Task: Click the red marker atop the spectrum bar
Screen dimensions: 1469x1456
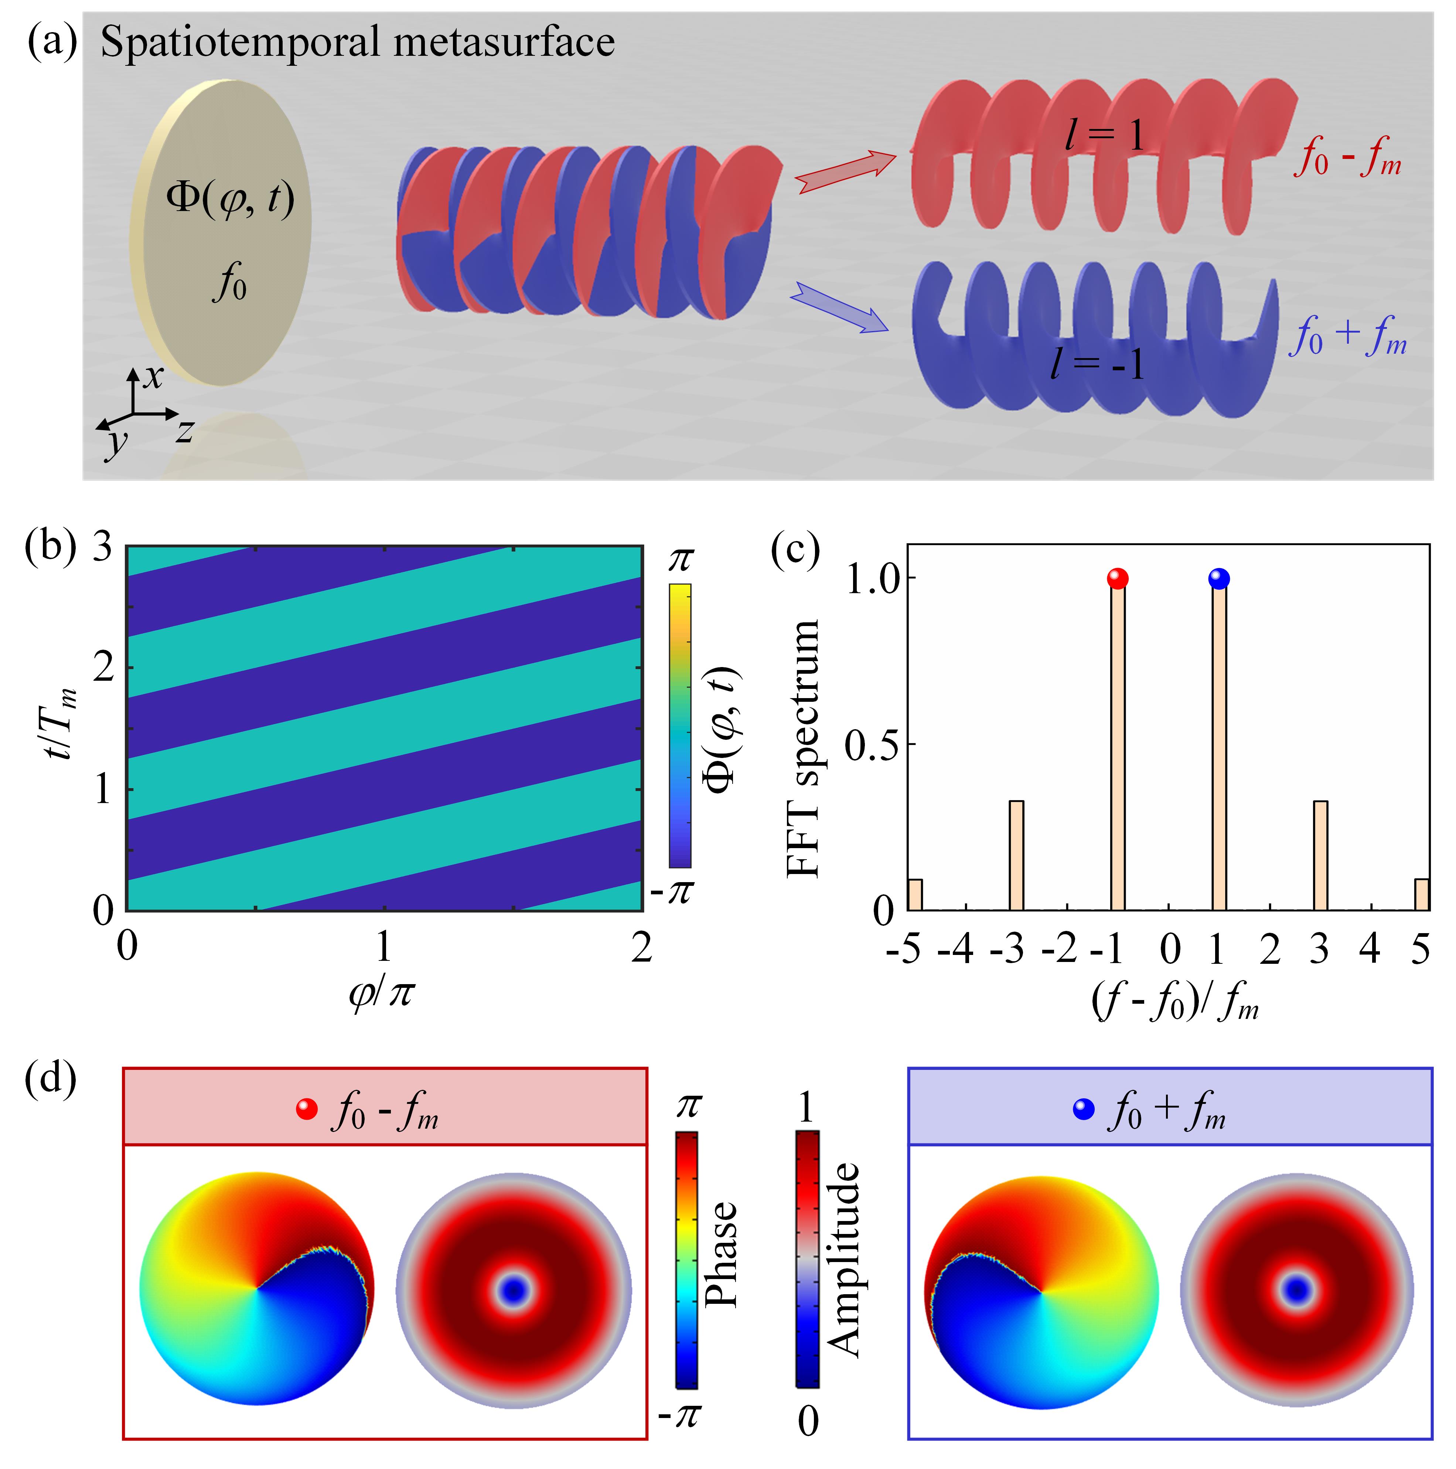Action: [x=1117, y=579]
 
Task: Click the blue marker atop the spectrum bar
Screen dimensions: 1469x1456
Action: [x=1219, y=579]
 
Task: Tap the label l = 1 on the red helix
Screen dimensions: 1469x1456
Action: [x=1104, y=137]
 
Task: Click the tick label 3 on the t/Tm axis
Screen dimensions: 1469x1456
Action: [x=103, y=547]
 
